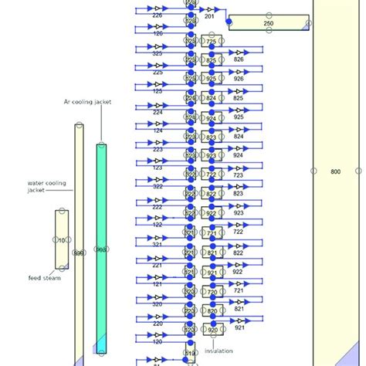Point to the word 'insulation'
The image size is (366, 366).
pos(219,351)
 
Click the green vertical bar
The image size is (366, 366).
pos(101,249)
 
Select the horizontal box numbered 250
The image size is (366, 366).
pos(268,24)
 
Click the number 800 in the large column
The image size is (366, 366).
pos(334,171)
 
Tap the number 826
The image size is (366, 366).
pos(239,59)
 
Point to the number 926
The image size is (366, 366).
pos(239,79)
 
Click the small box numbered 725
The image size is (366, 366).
pos(212,41)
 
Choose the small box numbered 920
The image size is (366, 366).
pos(212,330)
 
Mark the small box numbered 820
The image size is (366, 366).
pos(212,312)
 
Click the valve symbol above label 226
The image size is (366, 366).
pos(158,9)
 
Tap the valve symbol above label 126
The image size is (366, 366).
pos(158,28)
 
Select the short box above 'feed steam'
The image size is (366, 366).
pos(61,239)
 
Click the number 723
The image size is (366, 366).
pos(239,175)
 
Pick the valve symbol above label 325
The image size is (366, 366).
pos(158,48)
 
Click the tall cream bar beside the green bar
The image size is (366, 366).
pos(79,244)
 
